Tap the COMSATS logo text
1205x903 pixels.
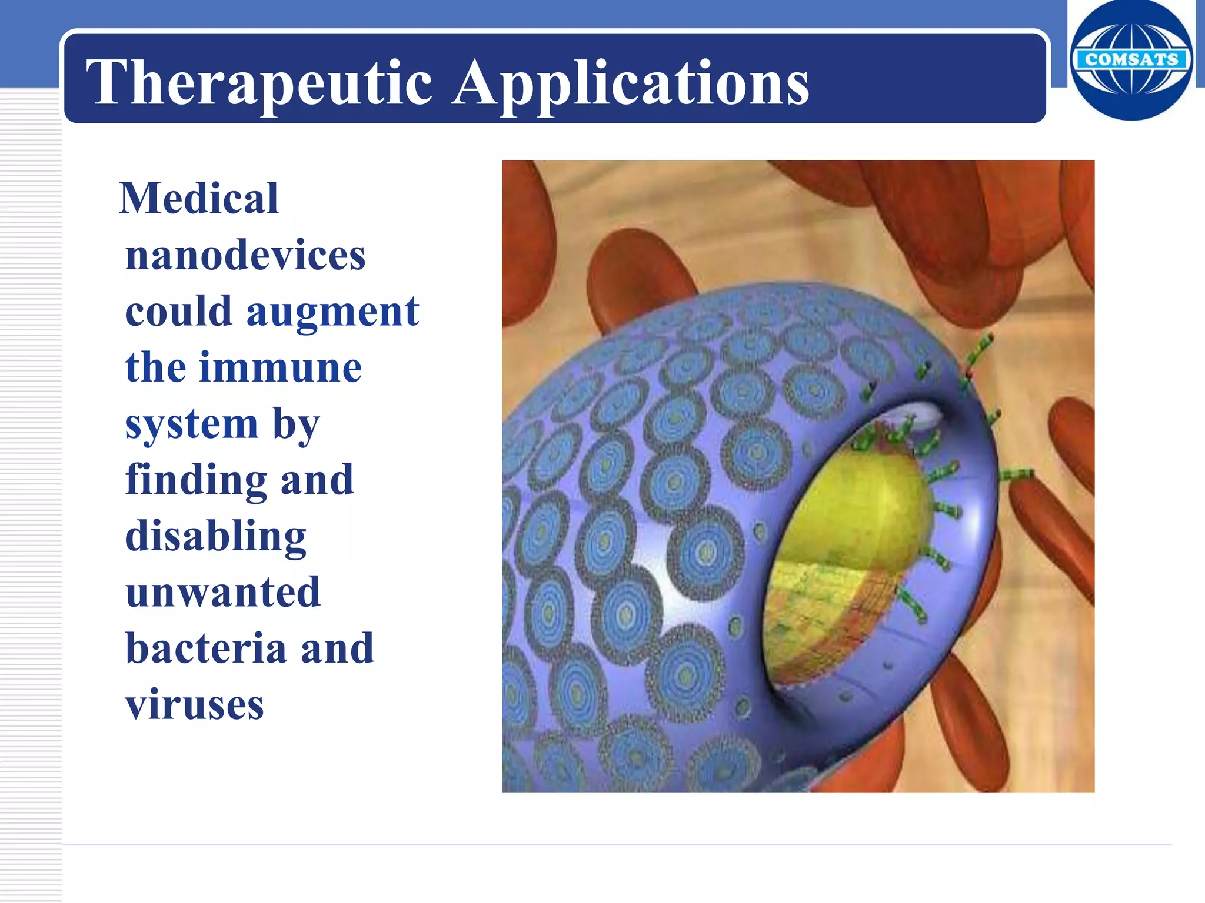coord(1131,59)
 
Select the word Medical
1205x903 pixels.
coord(199,198)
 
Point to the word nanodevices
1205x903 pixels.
coord(245,255)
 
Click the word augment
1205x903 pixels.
coord(332,312)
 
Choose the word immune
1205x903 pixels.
coord(281,367)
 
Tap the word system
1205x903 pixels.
coord(191,424)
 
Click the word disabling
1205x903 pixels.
coord(215,536)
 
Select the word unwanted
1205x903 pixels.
coord(223,592)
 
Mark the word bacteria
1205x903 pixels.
coord(205,648)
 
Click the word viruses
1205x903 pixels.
coord(194,704)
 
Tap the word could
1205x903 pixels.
coord(178,312)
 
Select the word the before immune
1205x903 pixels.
coord(155,367)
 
